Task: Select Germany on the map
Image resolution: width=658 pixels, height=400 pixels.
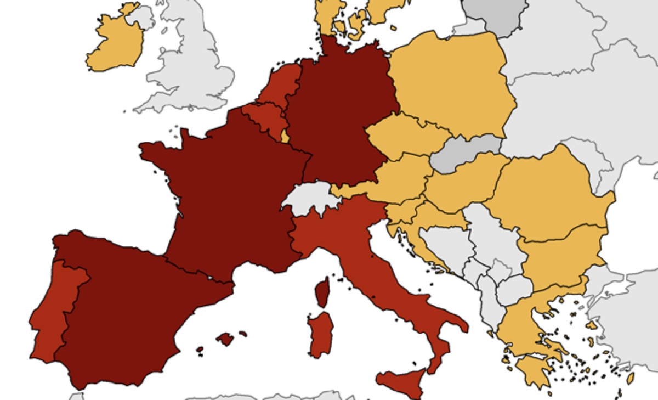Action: [x=340, y=110]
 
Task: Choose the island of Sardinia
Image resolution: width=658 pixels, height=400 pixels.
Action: [x=320, y=335]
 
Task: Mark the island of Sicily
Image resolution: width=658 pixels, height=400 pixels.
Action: [x=403, y=381]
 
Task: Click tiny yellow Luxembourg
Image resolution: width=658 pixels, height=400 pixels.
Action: [x=285, y=136]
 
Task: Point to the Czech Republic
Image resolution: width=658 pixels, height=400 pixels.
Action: [x=406, y=134]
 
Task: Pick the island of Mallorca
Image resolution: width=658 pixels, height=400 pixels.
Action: [x=225, y=339]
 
